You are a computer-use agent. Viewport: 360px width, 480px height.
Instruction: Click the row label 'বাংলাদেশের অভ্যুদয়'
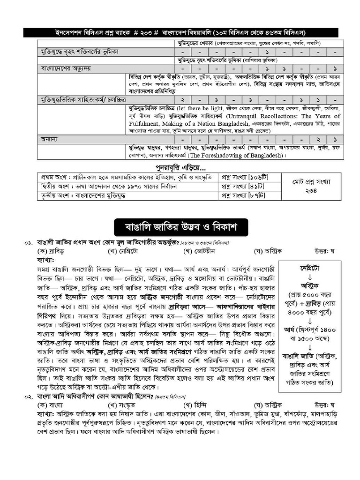tap(65, 68)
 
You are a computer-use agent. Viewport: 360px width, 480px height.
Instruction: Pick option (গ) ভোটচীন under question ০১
tap(199, 251)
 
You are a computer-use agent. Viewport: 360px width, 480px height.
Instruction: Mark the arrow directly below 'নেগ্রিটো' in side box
tap(309, 277)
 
